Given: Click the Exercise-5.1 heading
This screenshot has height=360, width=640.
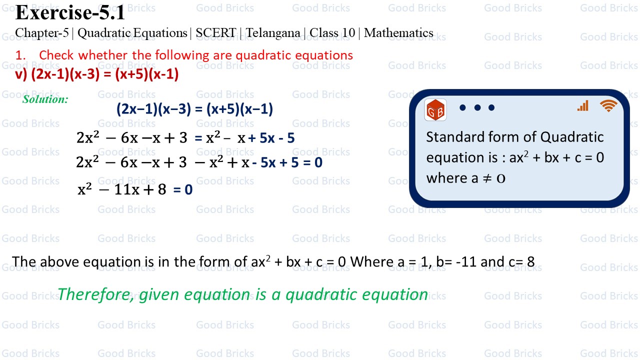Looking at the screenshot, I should [x=70, y=12].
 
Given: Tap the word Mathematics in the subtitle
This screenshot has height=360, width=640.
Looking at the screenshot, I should [x=398, y=33].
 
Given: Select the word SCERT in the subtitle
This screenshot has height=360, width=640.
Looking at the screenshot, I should [x=215, y=33].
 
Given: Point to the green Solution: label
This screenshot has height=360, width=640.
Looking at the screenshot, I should [x=45, y=99].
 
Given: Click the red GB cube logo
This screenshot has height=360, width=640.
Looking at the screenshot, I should [x=435, y=110].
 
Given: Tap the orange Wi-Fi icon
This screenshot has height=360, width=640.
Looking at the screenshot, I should [x=608, y=105].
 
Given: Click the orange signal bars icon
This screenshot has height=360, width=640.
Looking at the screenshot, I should [x=583, y=105].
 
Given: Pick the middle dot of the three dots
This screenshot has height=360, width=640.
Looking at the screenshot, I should [x=477, y=107].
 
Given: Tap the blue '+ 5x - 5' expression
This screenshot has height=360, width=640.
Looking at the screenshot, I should [x=271, y=138].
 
